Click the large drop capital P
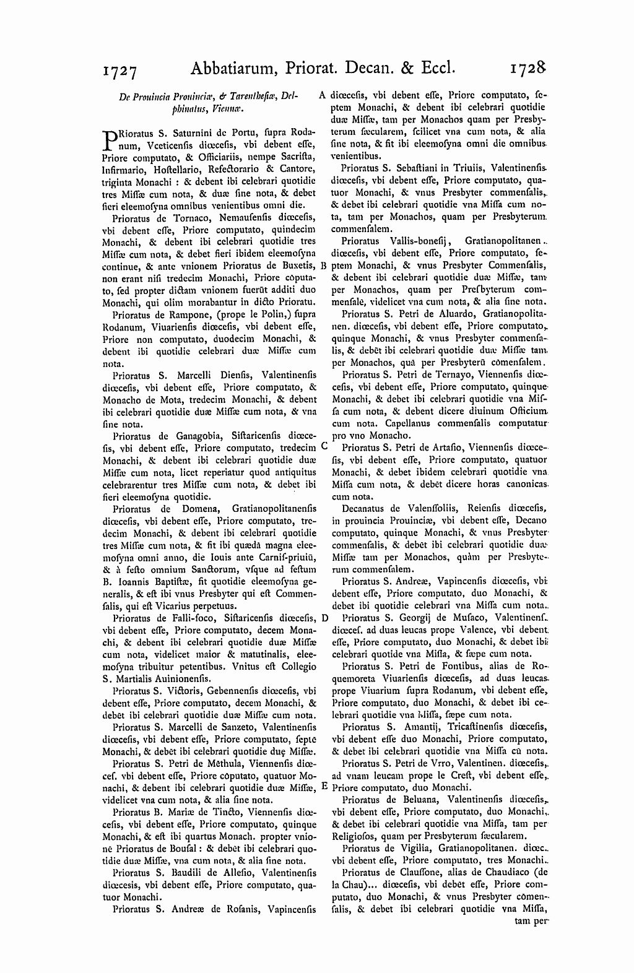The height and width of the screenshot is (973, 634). click(108, 139)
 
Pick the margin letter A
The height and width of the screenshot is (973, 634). click(322, 95)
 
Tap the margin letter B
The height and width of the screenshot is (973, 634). click(324, 265)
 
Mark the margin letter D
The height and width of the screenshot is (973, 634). click(324, 618)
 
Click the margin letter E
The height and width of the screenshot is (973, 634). click(324, 786)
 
